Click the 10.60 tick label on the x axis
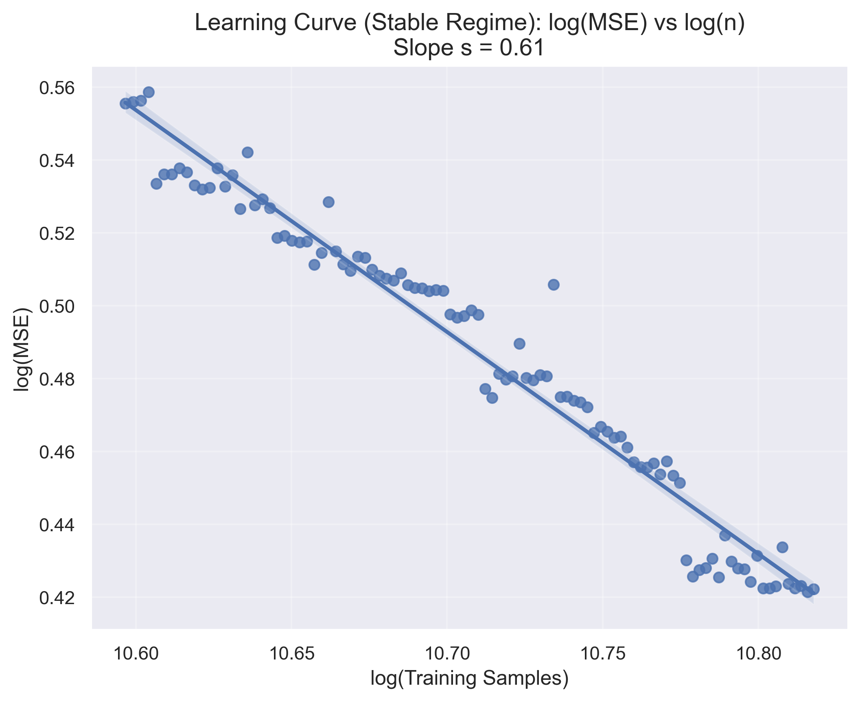[136, 653]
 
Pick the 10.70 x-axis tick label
[447, 653]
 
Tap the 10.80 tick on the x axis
[758, 653]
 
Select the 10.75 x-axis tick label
[602, 653]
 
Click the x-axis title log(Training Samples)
[469, 679]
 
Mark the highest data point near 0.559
[149, 92]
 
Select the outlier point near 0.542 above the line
[247, 152]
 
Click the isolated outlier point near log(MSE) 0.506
[554, 285]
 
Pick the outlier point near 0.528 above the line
[328, 202]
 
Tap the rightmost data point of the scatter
[814, 589]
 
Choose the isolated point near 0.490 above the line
[519, 344]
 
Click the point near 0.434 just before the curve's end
[782, 547]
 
